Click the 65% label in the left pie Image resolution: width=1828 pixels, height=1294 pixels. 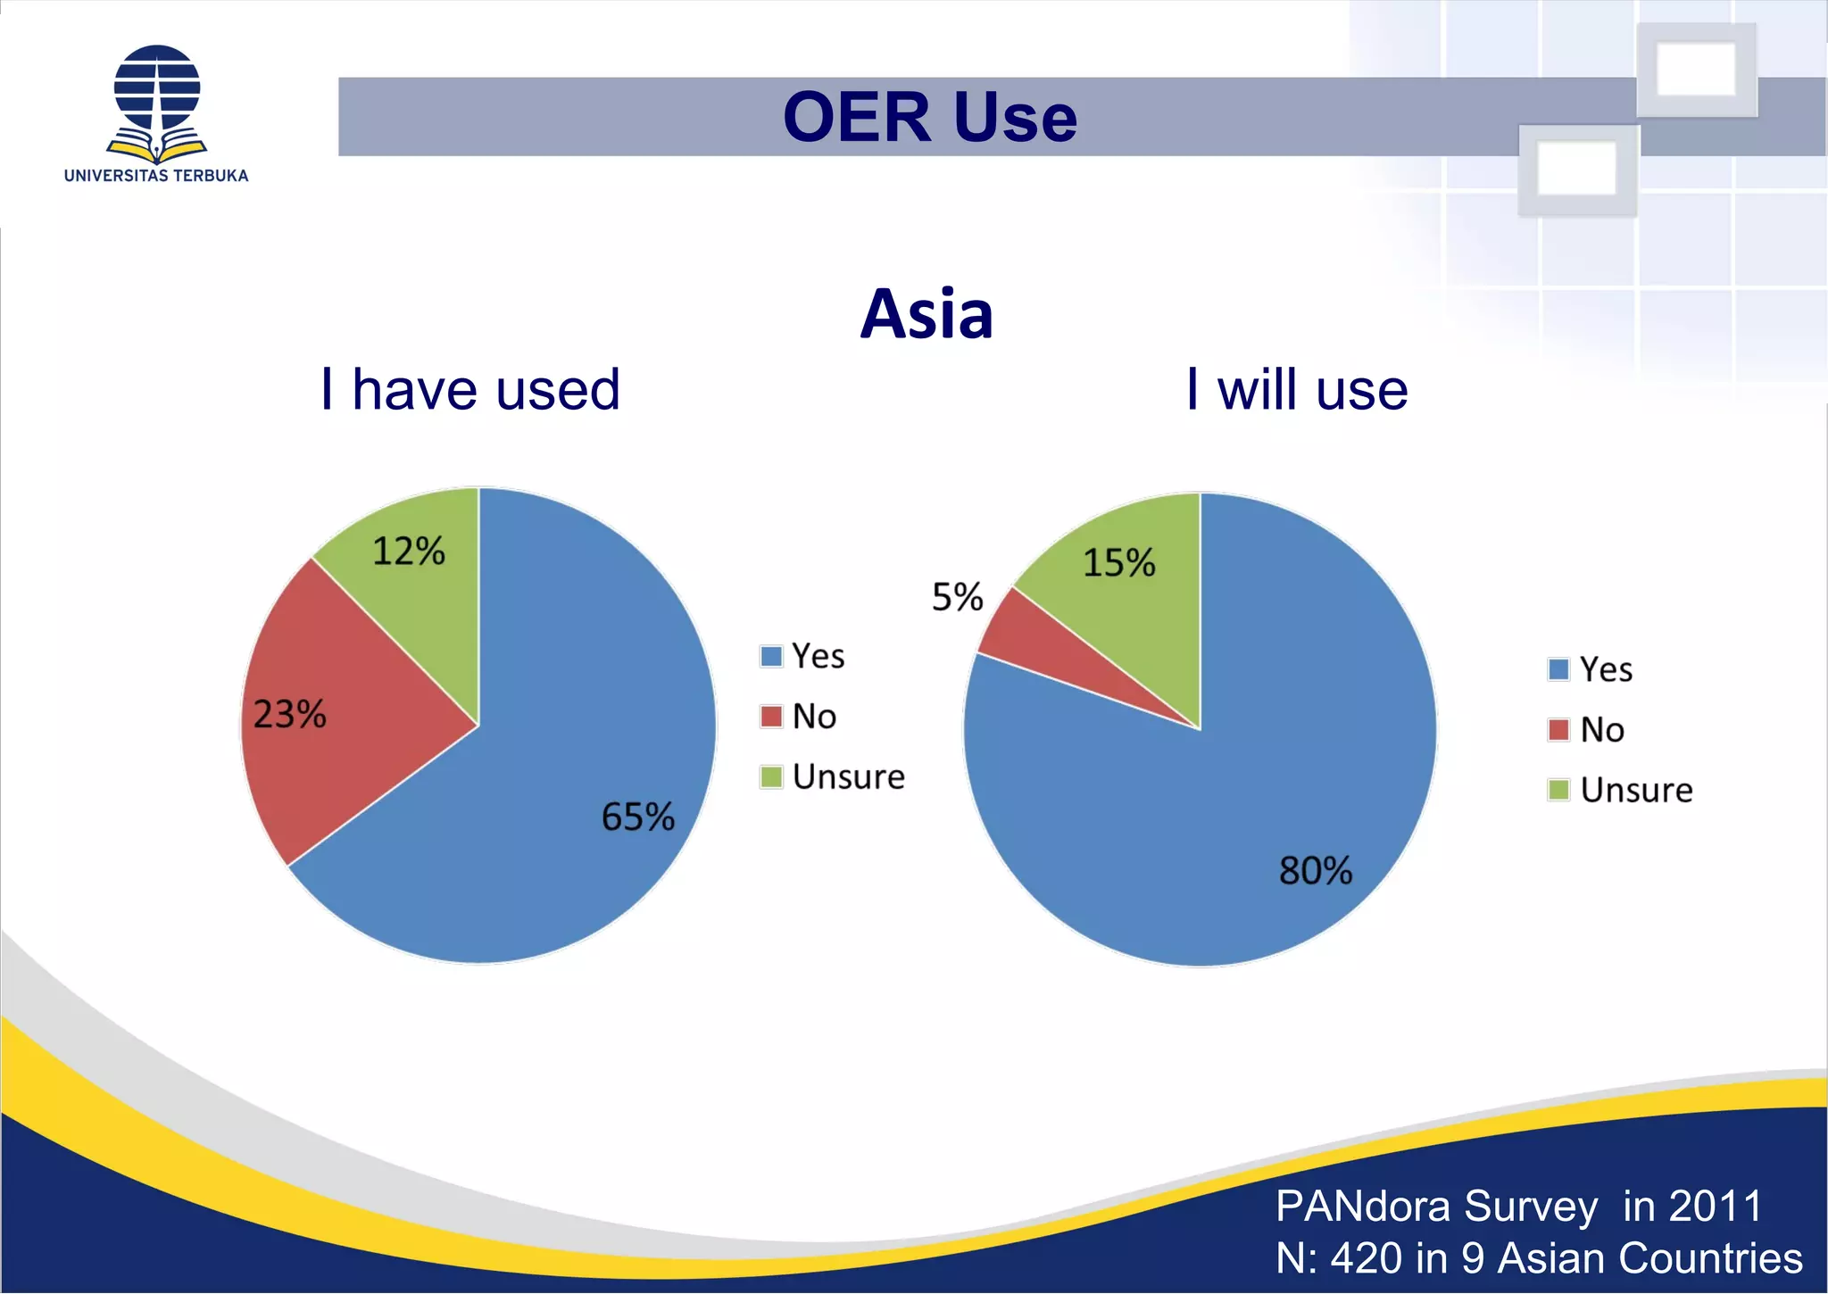pyautogui.click(x=637, y=817)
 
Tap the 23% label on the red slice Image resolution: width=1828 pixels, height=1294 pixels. pyautogui.click(x=289, y=714)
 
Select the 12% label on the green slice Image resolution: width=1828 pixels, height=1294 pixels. pyautogui.click(x=408, y=551)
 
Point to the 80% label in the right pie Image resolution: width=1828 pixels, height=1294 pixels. pyautogui.click(x=1315, y=870)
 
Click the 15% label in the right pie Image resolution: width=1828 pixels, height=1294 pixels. pyautogui.click(x=1118, y=562)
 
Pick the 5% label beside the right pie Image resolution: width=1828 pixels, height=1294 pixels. pyautogui.click(x=957, y=596)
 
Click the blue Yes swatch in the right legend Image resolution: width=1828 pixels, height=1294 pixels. pyautogui.click(x=1558, y=669)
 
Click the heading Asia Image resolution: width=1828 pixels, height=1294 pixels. pyautogui.click(x=926, y=314)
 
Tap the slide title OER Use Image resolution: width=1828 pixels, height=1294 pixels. pyautogui.click(x=929, y=117)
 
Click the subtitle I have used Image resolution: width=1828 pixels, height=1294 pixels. pyautogui.click(x=469, y=390)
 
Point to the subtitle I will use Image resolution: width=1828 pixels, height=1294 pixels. pyautogui.click(x=1296, y=390)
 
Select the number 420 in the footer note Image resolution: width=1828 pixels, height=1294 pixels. pyautogui.click(x=1365, y=1257)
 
